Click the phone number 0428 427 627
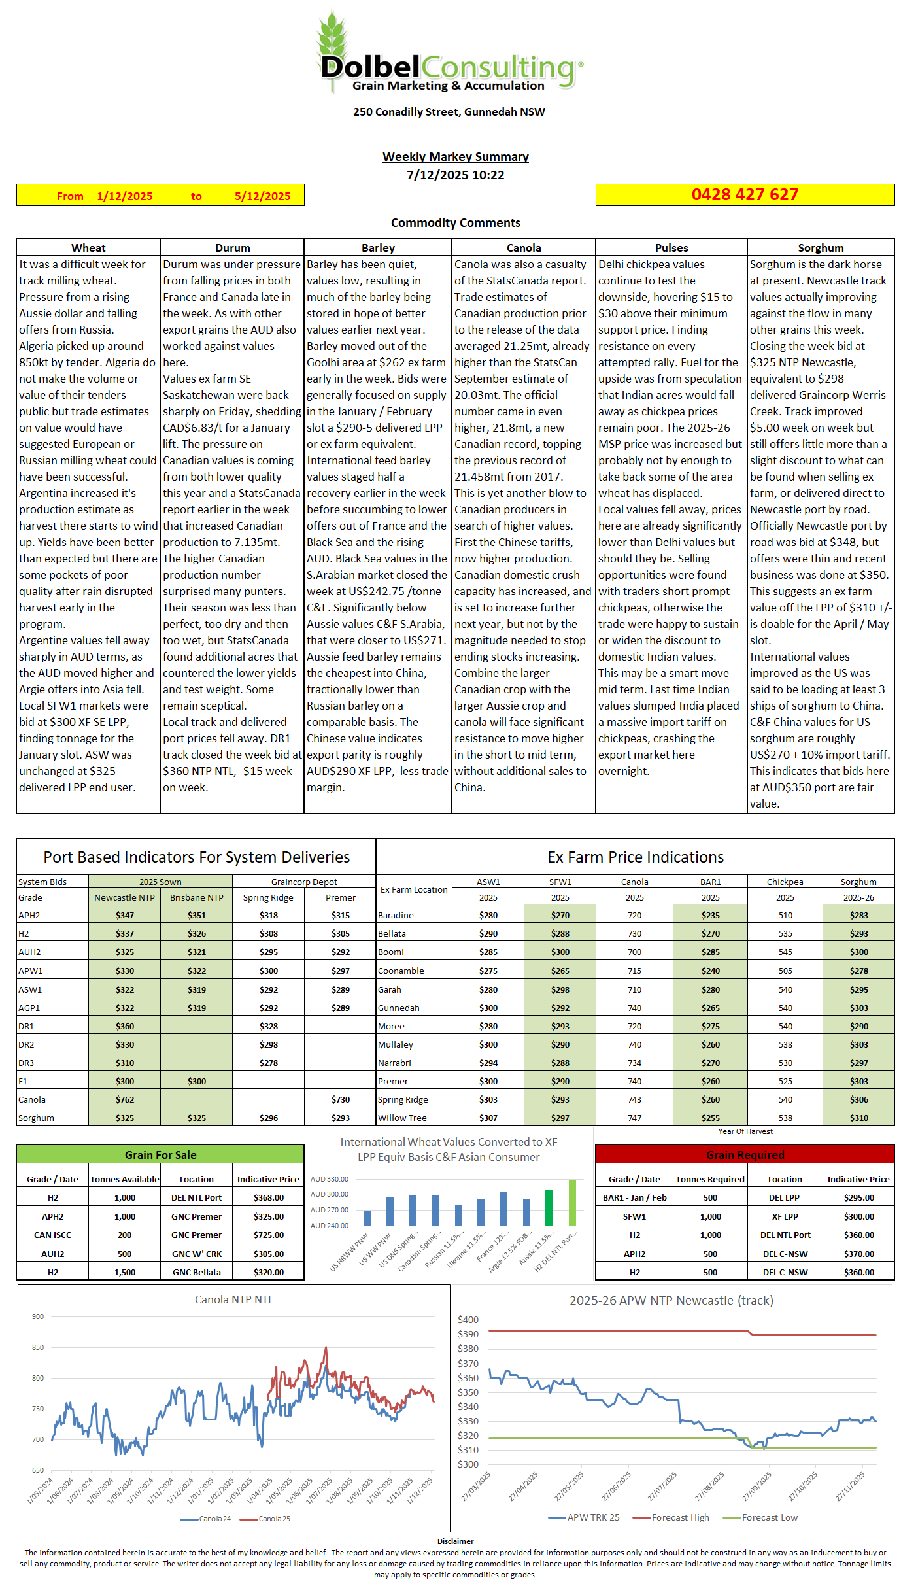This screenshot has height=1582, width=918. tap(745, 195)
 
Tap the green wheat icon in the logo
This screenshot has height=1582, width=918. tap(332, 39)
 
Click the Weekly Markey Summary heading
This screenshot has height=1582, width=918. tap(455, 157)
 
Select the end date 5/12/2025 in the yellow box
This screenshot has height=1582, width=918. tap(262, 196)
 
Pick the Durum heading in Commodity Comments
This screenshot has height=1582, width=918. tap(232, 248)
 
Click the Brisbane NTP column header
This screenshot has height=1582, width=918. tap(196, 897)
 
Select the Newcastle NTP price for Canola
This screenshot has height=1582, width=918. tap(125, 1099)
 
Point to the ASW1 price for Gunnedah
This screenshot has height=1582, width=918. tap(488, 1008)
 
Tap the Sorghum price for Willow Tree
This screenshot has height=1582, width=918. tap(858, 1118)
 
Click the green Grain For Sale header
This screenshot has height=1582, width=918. tap(160, 1155)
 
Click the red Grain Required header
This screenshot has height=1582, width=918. tap(745, 1155)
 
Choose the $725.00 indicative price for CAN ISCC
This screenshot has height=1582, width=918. tap(268, 1235)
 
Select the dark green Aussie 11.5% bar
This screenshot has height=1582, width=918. tap(549, 1207)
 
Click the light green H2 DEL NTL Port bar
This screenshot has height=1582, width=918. tap(572, 1202)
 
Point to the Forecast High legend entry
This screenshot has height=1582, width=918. tap(680, 1517)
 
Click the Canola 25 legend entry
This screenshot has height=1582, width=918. tap(274, 1519)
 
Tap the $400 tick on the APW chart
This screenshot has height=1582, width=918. tap(468, 1320)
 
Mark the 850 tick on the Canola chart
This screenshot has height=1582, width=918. tap(38, 1347)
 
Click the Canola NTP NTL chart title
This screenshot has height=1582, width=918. tap(233, 1299)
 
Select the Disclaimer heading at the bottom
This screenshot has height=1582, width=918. tap(455, 1541)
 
